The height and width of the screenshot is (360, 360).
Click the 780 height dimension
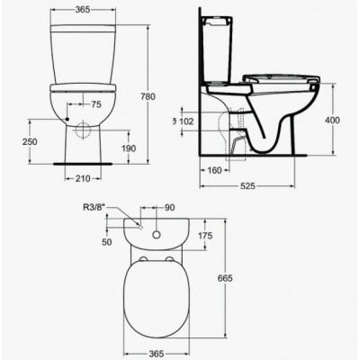tap(148, 96)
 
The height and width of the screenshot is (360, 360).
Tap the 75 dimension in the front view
tap(96, 104)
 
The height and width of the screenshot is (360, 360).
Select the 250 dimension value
tap(30, 141)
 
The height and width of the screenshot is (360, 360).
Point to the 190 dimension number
tap(129, 148)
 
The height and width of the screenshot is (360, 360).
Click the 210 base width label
tap(83, 179)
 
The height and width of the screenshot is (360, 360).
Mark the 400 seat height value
tap(332, 121)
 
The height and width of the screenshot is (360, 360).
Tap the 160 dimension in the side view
tap(214, 170)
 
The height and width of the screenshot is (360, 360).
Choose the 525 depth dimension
tap(247, 186)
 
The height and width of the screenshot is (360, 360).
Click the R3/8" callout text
tap(94, 207)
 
